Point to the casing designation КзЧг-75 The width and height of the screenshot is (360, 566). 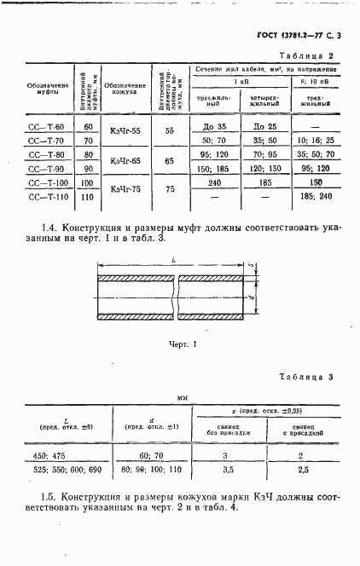[119, 189]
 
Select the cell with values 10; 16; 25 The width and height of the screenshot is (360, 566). [316, 141]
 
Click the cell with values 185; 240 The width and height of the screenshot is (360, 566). [316, 197]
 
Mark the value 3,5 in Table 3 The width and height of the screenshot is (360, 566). [226, 470]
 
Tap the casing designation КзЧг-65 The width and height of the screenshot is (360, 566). [119, 162]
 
